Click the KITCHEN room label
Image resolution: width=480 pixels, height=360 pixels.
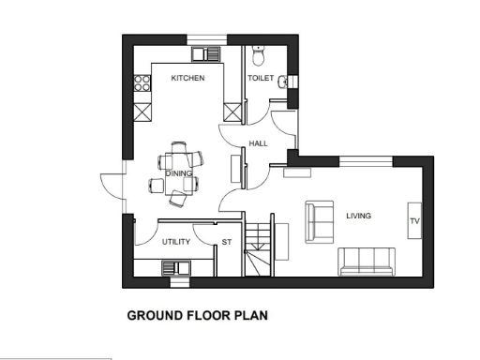click(187, 79)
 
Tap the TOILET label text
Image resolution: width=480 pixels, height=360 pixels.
click(261, 79)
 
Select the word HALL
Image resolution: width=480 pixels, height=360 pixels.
click(259, 143)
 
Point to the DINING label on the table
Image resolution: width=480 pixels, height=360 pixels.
click(178, 173)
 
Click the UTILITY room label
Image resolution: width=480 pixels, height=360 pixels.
click(176, 242)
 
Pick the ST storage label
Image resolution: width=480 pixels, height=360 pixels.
click(226, 242)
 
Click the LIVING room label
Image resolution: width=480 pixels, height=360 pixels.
click(358, 216)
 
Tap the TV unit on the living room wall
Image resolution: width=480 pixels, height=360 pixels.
click(413, 221)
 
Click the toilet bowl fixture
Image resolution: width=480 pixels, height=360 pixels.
click(261, 51)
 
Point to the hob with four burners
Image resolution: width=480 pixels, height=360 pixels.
click(142, 87)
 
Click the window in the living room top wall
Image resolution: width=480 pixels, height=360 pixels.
click(365, 162)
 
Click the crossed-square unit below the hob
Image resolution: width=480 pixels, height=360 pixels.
click(142, 112)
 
